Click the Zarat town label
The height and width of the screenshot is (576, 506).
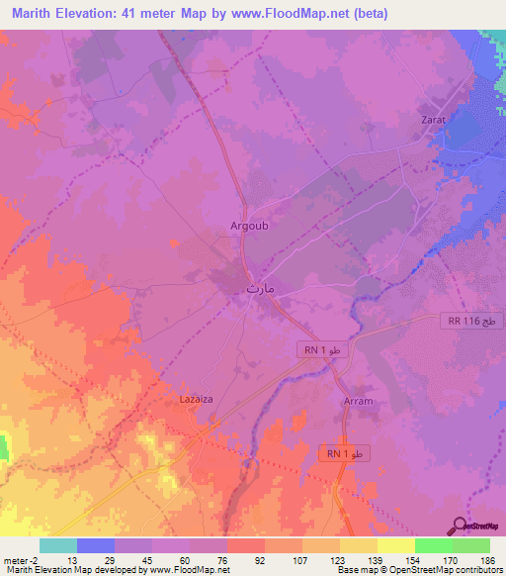point(435,119)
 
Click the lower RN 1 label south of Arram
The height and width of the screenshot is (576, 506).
point(347,452)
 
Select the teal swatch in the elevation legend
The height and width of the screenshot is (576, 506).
point(58,545)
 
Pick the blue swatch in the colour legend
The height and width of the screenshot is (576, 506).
point(96,545)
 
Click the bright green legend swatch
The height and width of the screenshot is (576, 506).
point(434,545)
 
